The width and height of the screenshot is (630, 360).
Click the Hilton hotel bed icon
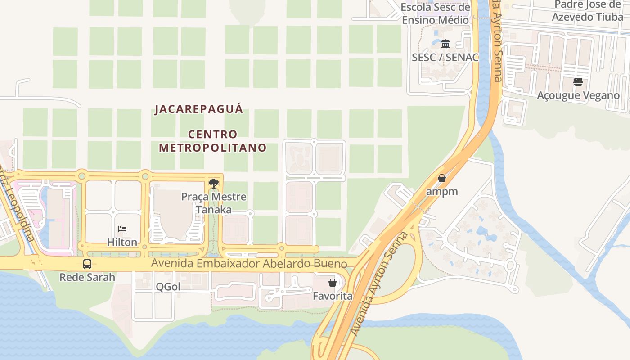click(x=122, y=229)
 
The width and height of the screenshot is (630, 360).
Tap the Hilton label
click(x=122, y=242)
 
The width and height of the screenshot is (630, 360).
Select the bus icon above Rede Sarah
click(x=87, y=264)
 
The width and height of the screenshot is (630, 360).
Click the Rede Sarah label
click(x=87, y=277)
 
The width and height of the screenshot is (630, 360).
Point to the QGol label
click(x=168, y=287)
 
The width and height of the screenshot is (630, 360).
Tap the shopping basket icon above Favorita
click(x=333, y=283)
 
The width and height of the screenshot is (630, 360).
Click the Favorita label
click(x=333, y=296)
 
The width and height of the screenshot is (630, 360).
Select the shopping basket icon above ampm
click(x=442, y=178)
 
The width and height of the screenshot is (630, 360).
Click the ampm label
click(x=442, y=191)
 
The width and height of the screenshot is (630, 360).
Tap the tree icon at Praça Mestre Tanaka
click(x=214, y=183)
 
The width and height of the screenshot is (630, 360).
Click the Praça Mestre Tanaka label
click(x=214, y=203)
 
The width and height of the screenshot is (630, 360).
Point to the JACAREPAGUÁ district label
click(x=198, y=109)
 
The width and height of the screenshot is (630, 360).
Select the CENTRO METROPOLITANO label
click(x=212, y=141)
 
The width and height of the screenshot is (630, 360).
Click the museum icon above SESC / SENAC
click(x=445, y=44)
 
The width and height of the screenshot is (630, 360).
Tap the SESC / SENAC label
click(x=445, y=57)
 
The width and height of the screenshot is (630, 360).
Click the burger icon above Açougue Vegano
click(x=578, y=82)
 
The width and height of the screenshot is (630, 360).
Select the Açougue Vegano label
click(x=578, y=95)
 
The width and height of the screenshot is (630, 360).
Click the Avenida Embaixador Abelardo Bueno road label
click(x=249, y=263)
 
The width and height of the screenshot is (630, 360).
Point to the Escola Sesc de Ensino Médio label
click(x=436, y=13)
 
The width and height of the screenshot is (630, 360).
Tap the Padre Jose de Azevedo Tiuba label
click(x=587, y=11)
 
